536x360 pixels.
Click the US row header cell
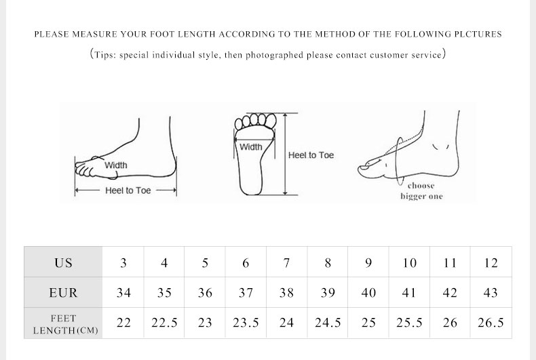click(x=63, y=262)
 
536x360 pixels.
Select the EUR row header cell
click(x=63, y=292)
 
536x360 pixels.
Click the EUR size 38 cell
click(x=286, y=292)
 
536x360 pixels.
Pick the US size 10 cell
click(x=409, y=262)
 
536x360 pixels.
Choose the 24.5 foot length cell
click(x=328, y=323)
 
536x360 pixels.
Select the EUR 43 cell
click(x=491, y=292)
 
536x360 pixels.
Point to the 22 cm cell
click(x=123, y=323)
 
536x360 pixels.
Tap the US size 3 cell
click(x=123, y=262)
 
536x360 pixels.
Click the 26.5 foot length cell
click(x=491, y=323)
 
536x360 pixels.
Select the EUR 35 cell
click(x=164, y=292)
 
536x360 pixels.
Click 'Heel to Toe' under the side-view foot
click(x=128, y=191)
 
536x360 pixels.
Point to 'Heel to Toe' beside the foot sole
click(x=311, y=155)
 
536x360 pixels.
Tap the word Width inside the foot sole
click(x=251, y=147)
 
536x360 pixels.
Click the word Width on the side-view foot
click(x=116, y=165)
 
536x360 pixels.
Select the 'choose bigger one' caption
click(x=421, y=191)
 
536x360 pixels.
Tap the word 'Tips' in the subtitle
click(x=103, y=55)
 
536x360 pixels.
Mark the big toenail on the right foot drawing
click(x=365, y=167)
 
